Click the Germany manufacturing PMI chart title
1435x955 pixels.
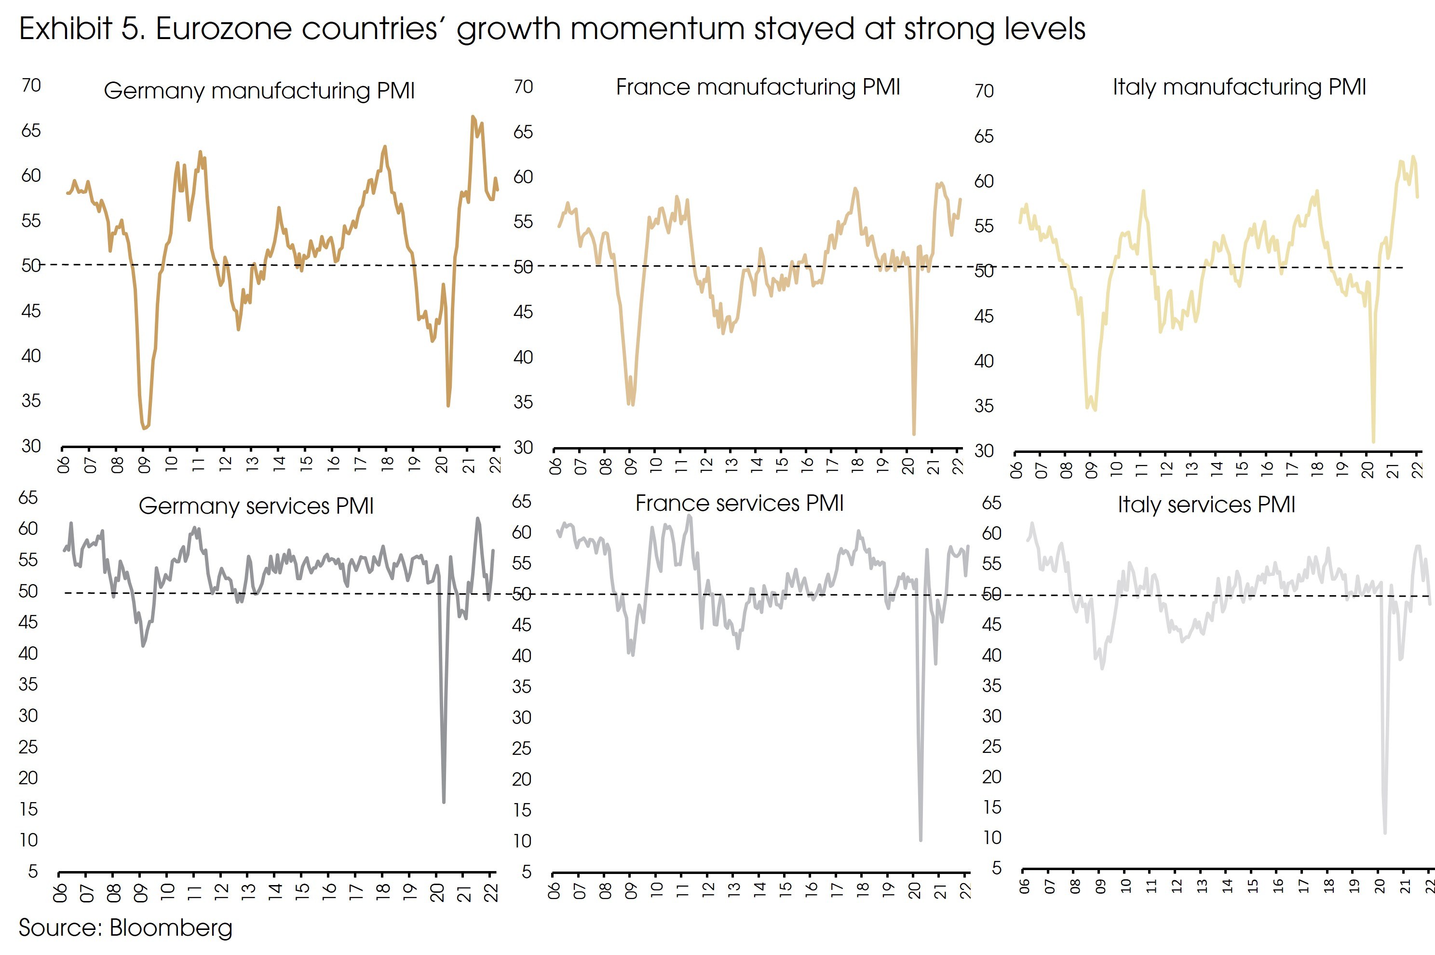[259, 91]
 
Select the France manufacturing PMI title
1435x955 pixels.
[758, 87]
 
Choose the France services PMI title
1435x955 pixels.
[739, 503]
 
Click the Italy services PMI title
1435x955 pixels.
[1206, 505]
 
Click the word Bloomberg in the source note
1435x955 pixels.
[171, 928]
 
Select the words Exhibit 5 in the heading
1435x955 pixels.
[82, 28]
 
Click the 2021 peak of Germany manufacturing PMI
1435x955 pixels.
[473, 116]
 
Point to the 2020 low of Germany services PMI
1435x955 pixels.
[444, 802]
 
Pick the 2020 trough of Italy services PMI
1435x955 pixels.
[1385, 832]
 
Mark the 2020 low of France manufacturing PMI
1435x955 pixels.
[914, 434]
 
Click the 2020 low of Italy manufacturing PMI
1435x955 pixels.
[1373, 441]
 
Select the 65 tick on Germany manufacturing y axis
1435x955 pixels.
[31, 130]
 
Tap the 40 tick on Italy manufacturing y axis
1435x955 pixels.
[984, 361]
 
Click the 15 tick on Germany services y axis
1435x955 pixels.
[28, 809]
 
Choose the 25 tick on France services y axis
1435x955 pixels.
[522, 748]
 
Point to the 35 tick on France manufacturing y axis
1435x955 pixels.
[523, 402]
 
